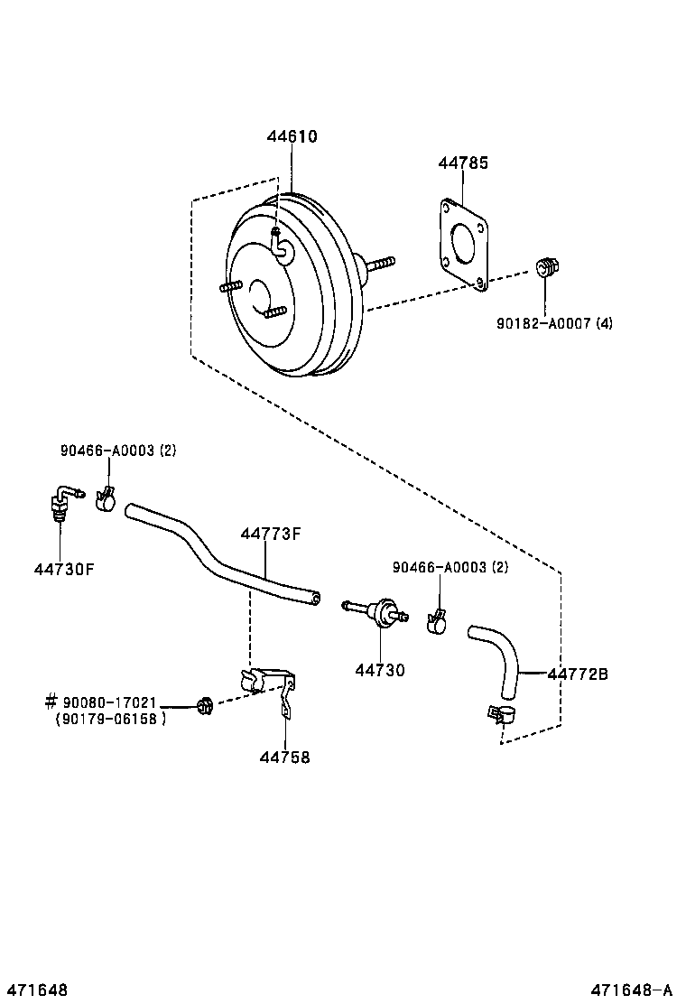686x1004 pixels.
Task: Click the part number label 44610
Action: point(292,137)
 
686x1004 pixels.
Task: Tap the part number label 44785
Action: point(463,163)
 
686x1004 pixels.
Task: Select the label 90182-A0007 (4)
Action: point(554,322)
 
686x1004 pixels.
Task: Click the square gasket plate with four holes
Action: point(463,245)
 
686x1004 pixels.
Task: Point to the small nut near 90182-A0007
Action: point(545,267)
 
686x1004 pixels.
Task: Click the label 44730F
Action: point(64,569)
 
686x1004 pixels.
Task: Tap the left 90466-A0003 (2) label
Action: point(118,451)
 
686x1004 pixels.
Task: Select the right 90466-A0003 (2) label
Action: point(450,567)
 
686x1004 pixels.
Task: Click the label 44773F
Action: point(270,534)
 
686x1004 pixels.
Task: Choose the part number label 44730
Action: point(379,670)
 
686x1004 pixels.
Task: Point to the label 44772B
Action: point(578,674)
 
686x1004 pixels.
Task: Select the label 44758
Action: point(284,758)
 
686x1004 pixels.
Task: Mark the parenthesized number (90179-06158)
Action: point(110,719)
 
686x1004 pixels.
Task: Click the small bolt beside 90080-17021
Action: point(204,704)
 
